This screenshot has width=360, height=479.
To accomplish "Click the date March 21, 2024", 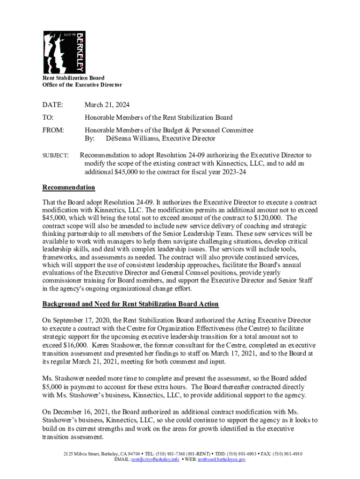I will tap(107, 105).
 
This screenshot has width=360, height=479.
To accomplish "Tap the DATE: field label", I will tap(53, 105).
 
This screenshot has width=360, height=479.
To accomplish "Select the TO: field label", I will tap(48, 117).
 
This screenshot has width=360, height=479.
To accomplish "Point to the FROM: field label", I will tap(54, 130).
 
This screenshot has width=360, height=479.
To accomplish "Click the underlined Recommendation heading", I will tap(69, 188).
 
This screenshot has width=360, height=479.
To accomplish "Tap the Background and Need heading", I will tap(130, 304).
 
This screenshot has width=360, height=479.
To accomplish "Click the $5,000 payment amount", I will tap(55, 387).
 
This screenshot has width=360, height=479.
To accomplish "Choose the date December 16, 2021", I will tap(85, 413).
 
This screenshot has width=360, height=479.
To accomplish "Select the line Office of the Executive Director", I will tap(82, 85).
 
